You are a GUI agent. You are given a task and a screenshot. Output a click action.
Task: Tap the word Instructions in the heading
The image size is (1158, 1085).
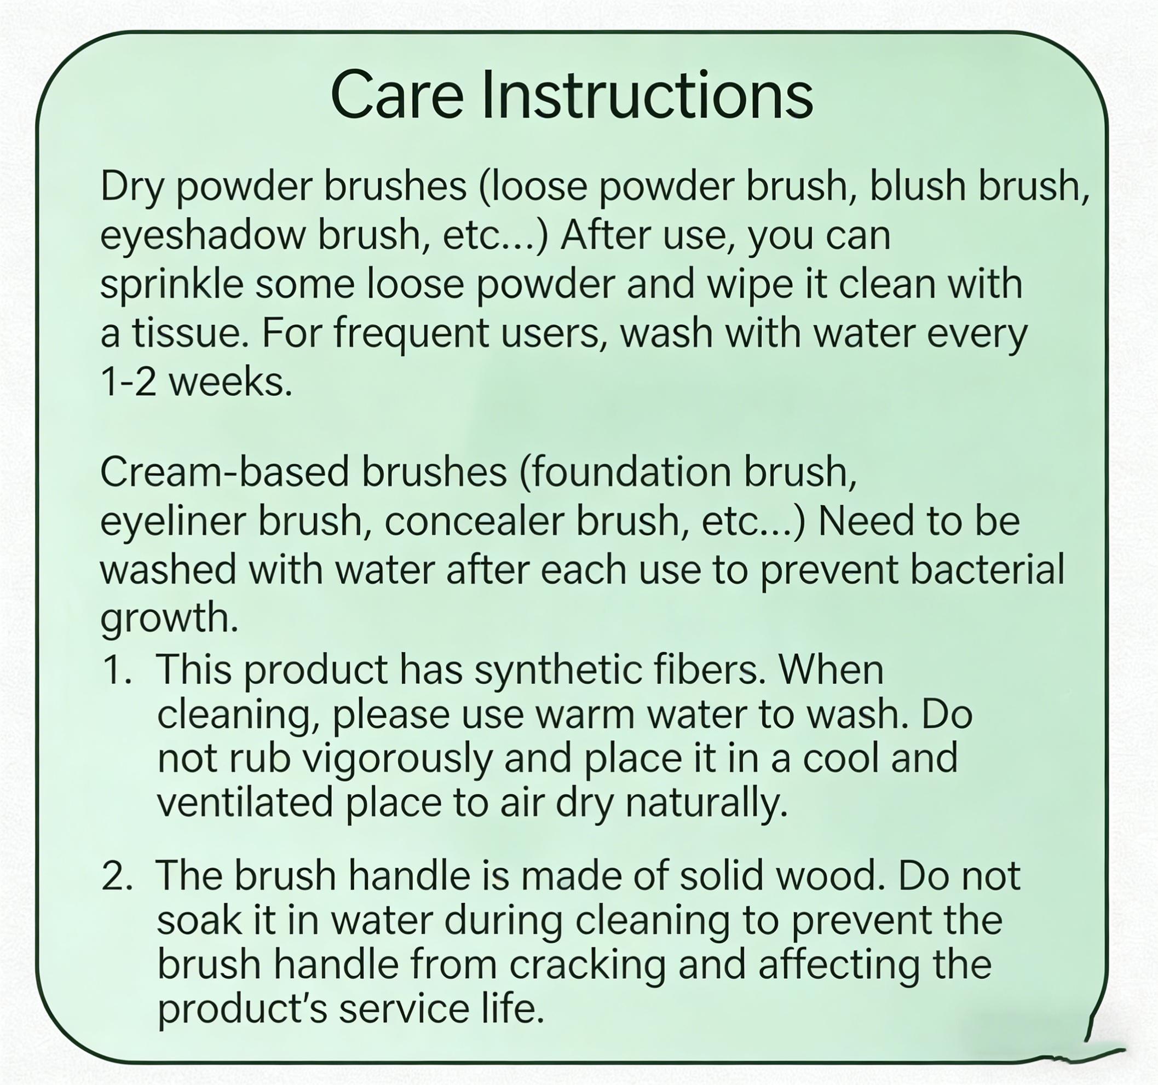(647, 95)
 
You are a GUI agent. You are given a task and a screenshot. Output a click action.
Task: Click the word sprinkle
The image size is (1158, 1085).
(172, 285)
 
